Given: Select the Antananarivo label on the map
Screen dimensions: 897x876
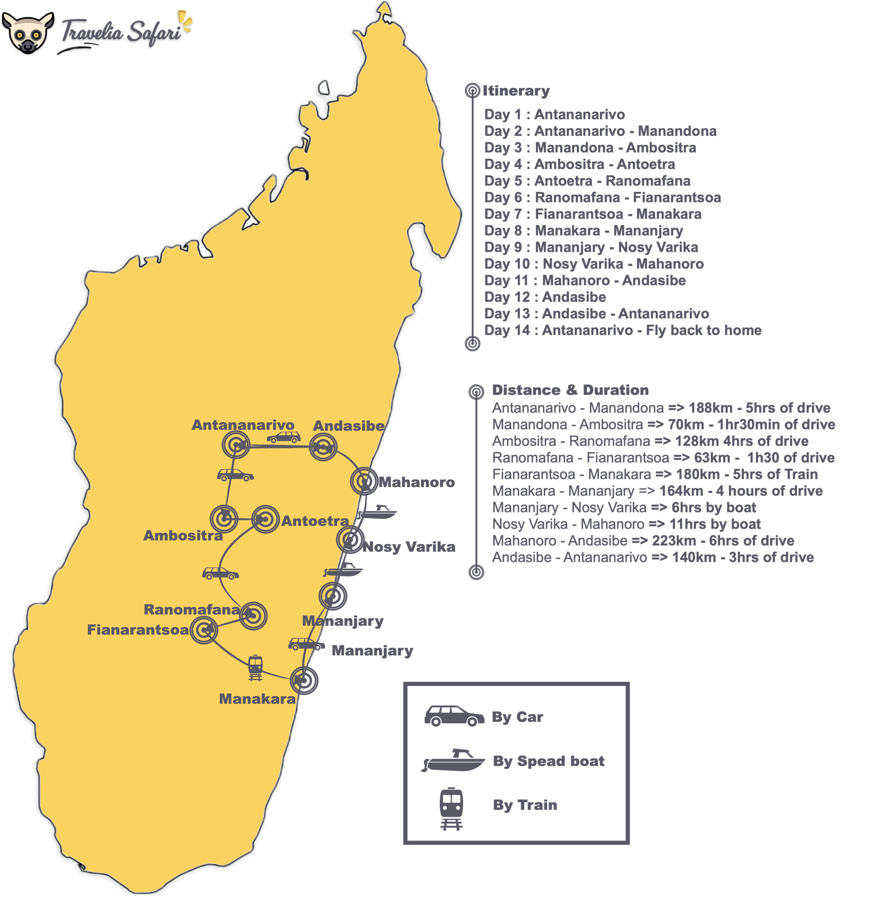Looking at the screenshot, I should coord(243,425).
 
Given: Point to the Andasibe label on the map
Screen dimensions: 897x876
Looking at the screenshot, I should coord(348,426).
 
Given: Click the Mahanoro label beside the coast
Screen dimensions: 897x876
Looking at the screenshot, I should coord(416,482).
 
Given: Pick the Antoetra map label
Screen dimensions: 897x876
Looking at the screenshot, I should coord(315,521).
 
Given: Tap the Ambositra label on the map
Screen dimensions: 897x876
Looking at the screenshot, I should coord(183,535).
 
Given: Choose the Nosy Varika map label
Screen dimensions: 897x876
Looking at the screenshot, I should coord(409,547).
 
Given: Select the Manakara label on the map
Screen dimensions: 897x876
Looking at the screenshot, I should coord(257,699).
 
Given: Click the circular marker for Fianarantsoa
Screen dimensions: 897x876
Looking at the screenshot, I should coord(204,630).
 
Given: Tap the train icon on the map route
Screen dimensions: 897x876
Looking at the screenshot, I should coord(255,667).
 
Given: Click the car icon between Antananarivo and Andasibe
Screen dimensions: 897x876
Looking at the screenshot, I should coord(284,437).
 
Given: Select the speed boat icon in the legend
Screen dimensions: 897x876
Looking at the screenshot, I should coord(453,761).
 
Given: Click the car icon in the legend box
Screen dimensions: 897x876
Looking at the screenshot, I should coord(454,716).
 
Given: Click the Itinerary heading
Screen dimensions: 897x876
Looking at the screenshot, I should coord(516,91).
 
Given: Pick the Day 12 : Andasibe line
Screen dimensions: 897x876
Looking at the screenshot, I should coord(545,297).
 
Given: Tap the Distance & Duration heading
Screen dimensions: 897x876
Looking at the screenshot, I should coord(570,390).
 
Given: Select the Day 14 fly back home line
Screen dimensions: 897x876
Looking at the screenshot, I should coord(622,330).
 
